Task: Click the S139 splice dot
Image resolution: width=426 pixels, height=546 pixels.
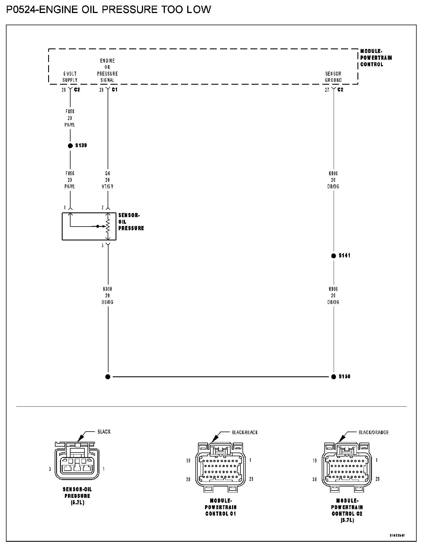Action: click(70, 146)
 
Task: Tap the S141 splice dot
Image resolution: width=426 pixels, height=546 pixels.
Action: click(333, 256)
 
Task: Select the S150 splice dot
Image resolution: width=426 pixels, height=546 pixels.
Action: click(333, 377)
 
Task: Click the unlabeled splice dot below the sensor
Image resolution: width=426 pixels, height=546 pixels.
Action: click(108, 377)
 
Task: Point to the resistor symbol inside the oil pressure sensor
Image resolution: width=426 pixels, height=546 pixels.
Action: click(108, 226)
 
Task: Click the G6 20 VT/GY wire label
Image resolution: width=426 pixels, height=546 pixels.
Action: click(107, 180)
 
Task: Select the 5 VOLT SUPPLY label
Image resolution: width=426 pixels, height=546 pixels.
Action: click(70, 77)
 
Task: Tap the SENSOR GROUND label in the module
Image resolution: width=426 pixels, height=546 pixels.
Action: click(333, 77)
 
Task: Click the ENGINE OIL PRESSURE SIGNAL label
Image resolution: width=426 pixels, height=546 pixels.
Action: click(107, 70)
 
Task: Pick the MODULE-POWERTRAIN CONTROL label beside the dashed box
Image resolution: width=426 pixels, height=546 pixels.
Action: click(376, 58)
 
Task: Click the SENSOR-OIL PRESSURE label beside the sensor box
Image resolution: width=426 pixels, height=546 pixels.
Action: click(131, 222)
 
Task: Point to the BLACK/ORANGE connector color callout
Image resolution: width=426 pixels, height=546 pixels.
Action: click(373, 432)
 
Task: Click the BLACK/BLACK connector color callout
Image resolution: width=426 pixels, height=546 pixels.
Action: click(245, 432)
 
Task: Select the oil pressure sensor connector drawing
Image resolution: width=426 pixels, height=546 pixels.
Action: click(77, 461)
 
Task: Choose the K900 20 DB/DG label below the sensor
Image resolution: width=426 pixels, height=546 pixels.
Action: click(108, 295)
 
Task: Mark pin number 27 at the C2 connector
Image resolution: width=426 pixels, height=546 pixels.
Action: click(327, 90)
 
